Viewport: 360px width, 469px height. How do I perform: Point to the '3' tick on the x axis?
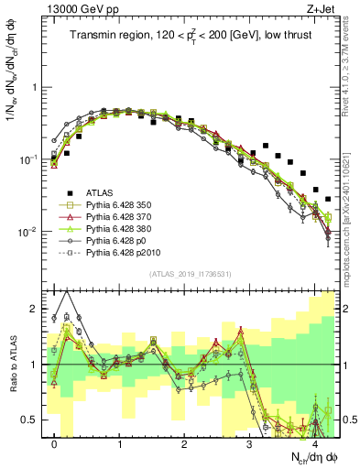(x=249, y=445)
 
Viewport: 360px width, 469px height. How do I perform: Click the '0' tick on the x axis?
(x=55, y=445)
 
